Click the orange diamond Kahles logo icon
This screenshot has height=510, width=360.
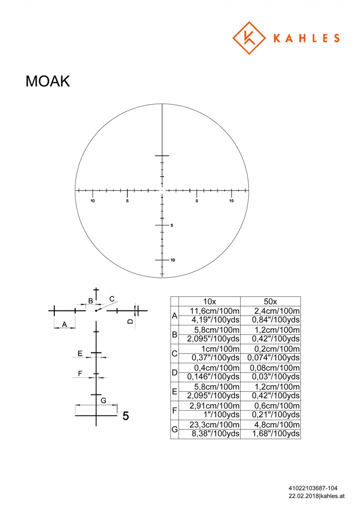coord(249,38)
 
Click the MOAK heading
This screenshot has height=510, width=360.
coord(47,81)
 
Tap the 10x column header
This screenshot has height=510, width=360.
coord(209,302)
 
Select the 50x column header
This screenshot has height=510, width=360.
coord(270,302)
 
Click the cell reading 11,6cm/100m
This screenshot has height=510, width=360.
coord(215,311)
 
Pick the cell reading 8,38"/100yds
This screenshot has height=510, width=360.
coord(215,434)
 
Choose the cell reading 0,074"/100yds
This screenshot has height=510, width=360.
coord(273,358)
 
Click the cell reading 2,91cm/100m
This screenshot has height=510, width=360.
coord(215,406)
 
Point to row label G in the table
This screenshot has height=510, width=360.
coord(174,429)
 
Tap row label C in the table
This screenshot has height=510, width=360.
coord(174,353)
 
